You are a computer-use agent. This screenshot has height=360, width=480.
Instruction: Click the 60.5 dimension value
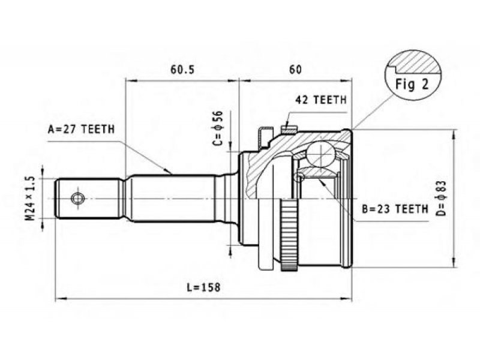coord(182,70)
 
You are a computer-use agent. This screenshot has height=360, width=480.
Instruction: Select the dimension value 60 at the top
coord(295,70)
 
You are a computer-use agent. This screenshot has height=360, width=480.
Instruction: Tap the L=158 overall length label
coord(203,287)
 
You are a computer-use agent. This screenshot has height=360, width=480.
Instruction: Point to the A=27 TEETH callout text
coord(81,130)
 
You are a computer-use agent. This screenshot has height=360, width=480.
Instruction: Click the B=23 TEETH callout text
coord(395,209)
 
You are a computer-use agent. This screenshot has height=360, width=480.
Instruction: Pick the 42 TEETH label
coord(321,100)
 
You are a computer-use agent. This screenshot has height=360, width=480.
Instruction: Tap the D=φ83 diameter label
coord(442,199)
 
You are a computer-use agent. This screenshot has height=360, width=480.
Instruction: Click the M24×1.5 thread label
coord(30,199)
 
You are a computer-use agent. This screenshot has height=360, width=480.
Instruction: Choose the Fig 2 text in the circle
coord(412,84)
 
